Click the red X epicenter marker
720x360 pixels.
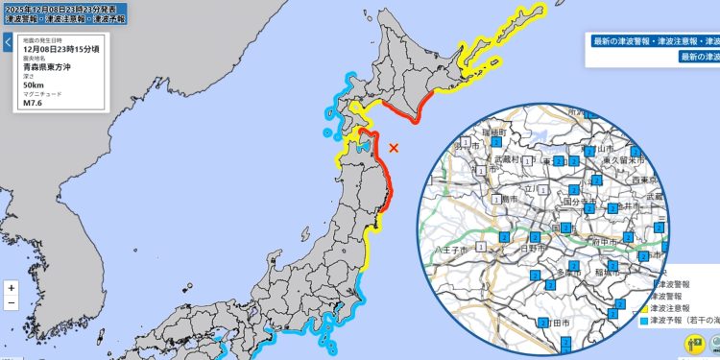coord(394,147)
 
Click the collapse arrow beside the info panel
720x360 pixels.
coord(7,42)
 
